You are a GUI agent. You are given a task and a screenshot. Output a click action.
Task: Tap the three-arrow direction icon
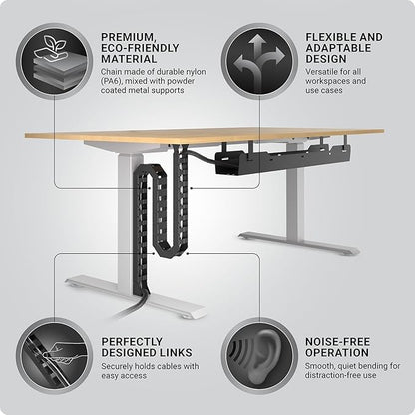pos(257,62)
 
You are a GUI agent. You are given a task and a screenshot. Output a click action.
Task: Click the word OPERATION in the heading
pos(336,354)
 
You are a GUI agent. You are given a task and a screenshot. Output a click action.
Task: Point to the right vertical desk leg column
pos(296,200)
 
